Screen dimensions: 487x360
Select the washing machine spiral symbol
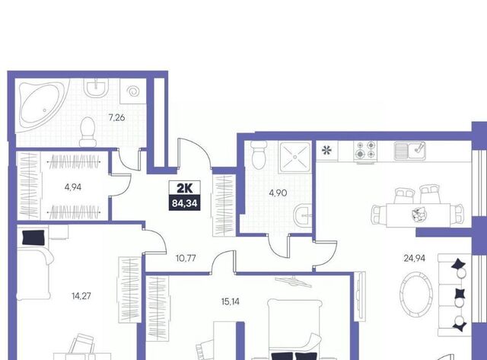point(133,91)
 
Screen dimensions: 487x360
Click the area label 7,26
point(116,118)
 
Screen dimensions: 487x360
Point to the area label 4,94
point(73,187)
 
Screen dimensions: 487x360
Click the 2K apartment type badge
point(184,188)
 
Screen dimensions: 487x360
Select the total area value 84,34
point(184,203)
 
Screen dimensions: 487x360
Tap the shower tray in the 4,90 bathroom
point(294,157)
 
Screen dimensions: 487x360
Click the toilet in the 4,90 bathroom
point(259,155)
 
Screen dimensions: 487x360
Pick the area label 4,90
point(278,193)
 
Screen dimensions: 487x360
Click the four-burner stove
point(365,151)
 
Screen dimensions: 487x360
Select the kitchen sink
point(410,151)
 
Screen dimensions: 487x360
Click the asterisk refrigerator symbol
point(326,151)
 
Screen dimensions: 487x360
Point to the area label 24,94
point(414,258)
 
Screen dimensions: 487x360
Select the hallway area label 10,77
point(186,258)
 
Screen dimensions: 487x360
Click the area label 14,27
point(81,296)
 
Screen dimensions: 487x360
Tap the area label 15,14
point(231,301)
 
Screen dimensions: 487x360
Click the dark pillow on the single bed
point(33,237)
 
